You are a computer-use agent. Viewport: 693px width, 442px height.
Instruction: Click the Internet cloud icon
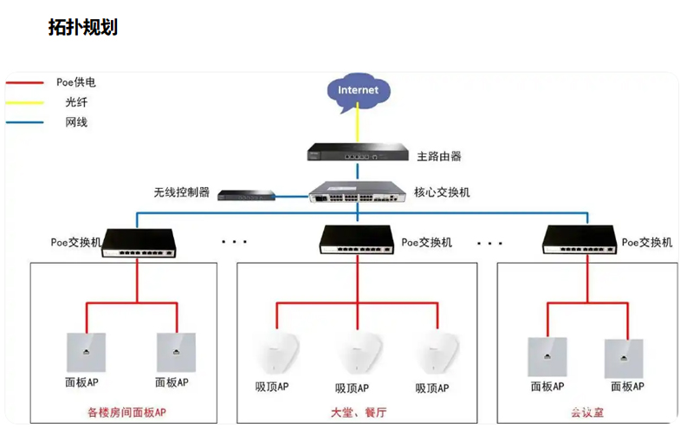[359, 90]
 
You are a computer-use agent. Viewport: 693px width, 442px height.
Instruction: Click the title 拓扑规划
[83, 27]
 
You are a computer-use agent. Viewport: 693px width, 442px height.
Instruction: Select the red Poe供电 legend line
[25, 83]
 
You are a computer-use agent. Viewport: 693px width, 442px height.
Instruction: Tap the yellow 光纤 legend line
[25, 102]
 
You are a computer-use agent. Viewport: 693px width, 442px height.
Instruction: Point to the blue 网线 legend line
[25, 122]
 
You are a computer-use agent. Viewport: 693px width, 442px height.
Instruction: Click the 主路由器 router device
[356, 155]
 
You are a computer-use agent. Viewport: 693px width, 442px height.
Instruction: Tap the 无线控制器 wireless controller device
[245, 196]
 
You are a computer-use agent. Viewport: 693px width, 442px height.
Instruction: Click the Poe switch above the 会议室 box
[580, 239]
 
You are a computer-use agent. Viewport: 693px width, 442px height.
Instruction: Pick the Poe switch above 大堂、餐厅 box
[356, 239]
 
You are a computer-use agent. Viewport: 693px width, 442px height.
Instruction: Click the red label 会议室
[587, 413]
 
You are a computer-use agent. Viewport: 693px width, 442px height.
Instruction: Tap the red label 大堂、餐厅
[355, 413]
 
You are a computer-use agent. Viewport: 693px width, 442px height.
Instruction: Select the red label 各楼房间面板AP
[126, 413]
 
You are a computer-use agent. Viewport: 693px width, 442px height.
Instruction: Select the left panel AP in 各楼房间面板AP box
[86, 353]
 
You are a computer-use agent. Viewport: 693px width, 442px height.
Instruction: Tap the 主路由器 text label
[439, 157]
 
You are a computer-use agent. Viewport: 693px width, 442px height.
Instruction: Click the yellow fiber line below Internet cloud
[358, 127]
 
